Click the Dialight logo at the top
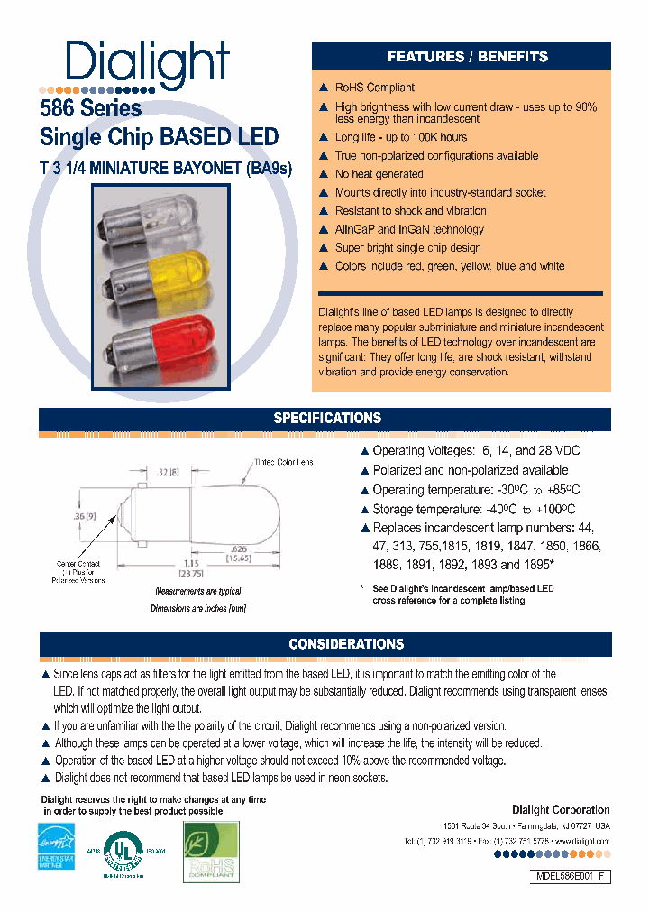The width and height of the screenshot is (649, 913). coord(148,63)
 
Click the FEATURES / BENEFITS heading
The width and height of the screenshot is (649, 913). coord(467,57)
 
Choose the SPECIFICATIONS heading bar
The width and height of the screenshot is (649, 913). coord(326,419)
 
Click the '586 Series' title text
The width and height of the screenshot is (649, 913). coord(90,108)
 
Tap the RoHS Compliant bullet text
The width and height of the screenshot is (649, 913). coord(374,88)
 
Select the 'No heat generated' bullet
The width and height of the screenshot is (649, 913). coord(379,174)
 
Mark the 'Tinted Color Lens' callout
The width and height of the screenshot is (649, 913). coord(282,463)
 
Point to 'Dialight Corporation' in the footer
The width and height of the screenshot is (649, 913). coord(561,809)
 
